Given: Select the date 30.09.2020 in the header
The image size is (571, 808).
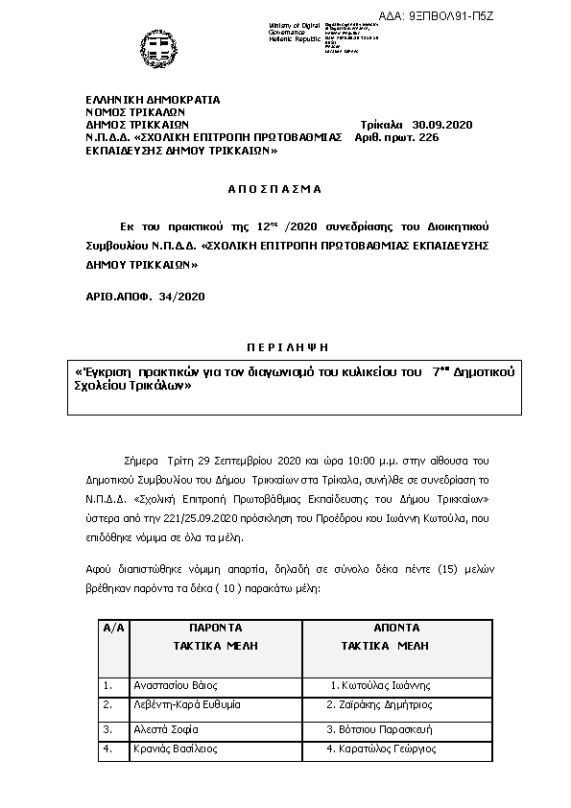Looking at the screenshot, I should pos(442,125).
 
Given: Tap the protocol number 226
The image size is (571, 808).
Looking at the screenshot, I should pos(429,137).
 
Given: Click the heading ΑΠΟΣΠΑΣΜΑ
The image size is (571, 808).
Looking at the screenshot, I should pos(275,189).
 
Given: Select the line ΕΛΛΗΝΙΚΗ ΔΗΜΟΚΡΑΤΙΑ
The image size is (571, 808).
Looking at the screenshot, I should pos(153,100).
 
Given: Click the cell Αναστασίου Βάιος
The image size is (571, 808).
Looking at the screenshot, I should pos(177,685).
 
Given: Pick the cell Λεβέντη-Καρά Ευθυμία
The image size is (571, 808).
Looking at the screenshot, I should pos(187,704).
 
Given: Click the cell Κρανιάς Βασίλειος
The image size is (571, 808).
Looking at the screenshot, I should pos(176,749).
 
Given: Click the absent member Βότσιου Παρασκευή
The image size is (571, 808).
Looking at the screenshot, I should pos(381,729).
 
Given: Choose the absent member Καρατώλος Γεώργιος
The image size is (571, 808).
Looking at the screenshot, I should pos(382,749).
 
